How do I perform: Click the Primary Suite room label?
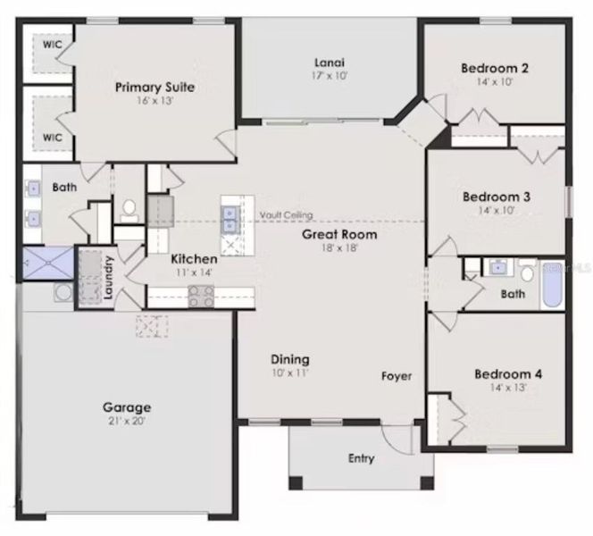(x=155, y=87)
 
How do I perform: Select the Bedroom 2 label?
(x=495, y=68)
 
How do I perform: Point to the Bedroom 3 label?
(x=496, y=197)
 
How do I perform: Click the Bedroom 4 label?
(x=507, y=373)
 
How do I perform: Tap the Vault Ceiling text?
(x=286, y=215)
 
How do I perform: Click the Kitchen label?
(x=194, y=258)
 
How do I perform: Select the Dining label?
(x=290, y=359)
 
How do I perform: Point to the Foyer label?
(x=397, y=376)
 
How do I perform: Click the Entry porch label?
(x=361, y=459)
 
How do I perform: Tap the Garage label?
(x=126, y=407)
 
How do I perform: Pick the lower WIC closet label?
(x=53, y=138)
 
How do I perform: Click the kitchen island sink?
(x=230, y=214)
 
